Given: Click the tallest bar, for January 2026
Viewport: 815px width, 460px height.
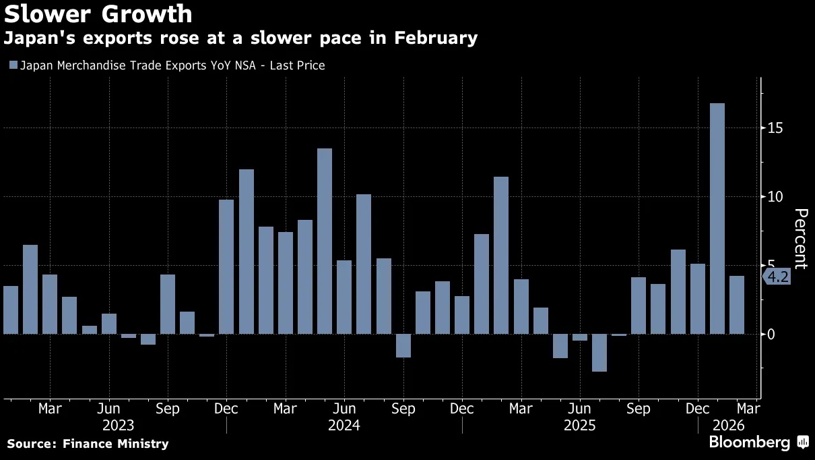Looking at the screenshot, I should coord(717,219).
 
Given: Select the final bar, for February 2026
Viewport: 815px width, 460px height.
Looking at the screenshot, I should coord(737,305).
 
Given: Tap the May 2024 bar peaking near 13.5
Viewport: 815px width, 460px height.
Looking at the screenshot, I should coord(325,241).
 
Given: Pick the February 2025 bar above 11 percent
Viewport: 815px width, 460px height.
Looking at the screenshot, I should coord(501,255).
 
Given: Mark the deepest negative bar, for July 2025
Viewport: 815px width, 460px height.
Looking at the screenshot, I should coord(599,352).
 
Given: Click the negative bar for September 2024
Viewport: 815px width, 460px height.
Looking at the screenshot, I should coord(403,345).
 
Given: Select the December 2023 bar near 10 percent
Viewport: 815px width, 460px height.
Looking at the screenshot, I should coord(226,266).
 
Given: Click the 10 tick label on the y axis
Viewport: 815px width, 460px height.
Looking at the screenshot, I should coord(775,197).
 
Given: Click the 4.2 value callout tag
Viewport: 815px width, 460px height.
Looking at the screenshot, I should coord(777,277).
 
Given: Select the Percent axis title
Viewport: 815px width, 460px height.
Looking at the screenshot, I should coord(801,239).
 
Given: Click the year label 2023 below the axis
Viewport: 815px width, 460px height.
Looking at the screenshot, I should coord(119,426).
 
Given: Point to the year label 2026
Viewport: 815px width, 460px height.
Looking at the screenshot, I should coord(728,426).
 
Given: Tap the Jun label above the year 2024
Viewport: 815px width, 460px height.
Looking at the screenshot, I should coord(344,409).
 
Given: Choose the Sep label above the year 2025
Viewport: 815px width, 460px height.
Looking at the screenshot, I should coord(638,409).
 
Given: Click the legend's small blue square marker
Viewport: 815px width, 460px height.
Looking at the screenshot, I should coord(13,65).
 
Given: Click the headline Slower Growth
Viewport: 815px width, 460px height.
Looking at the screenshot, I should coord(98,14).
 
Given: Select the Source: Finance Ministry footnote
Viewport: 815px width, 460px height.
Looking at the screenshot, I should coord(88,444).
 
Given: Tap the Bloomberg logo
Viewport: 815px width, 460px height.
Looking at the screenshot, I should coord(749,443).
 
